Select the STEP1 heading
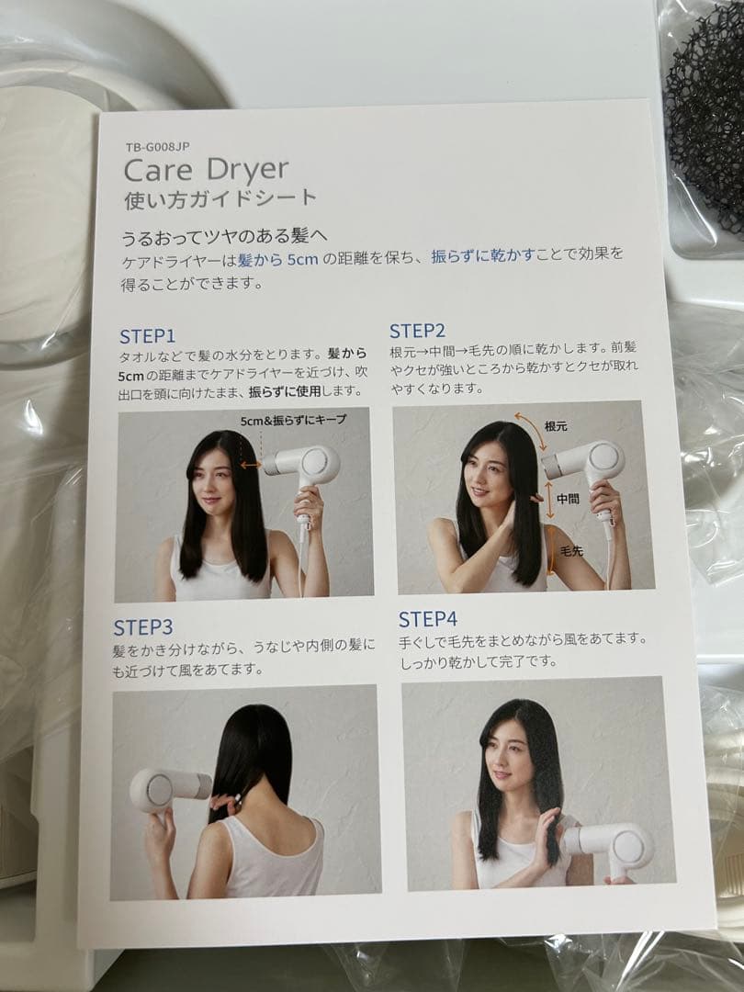pos(147,335)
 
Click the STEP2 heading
pos(417,331)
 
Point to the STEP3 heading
pos(143,627)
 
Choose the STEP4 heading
pos(429,618)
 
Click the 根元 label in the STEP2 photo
pos(557,426)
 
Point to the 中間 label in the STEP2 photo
pos(569,498)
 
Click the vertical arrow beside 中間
pos(549,500)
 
